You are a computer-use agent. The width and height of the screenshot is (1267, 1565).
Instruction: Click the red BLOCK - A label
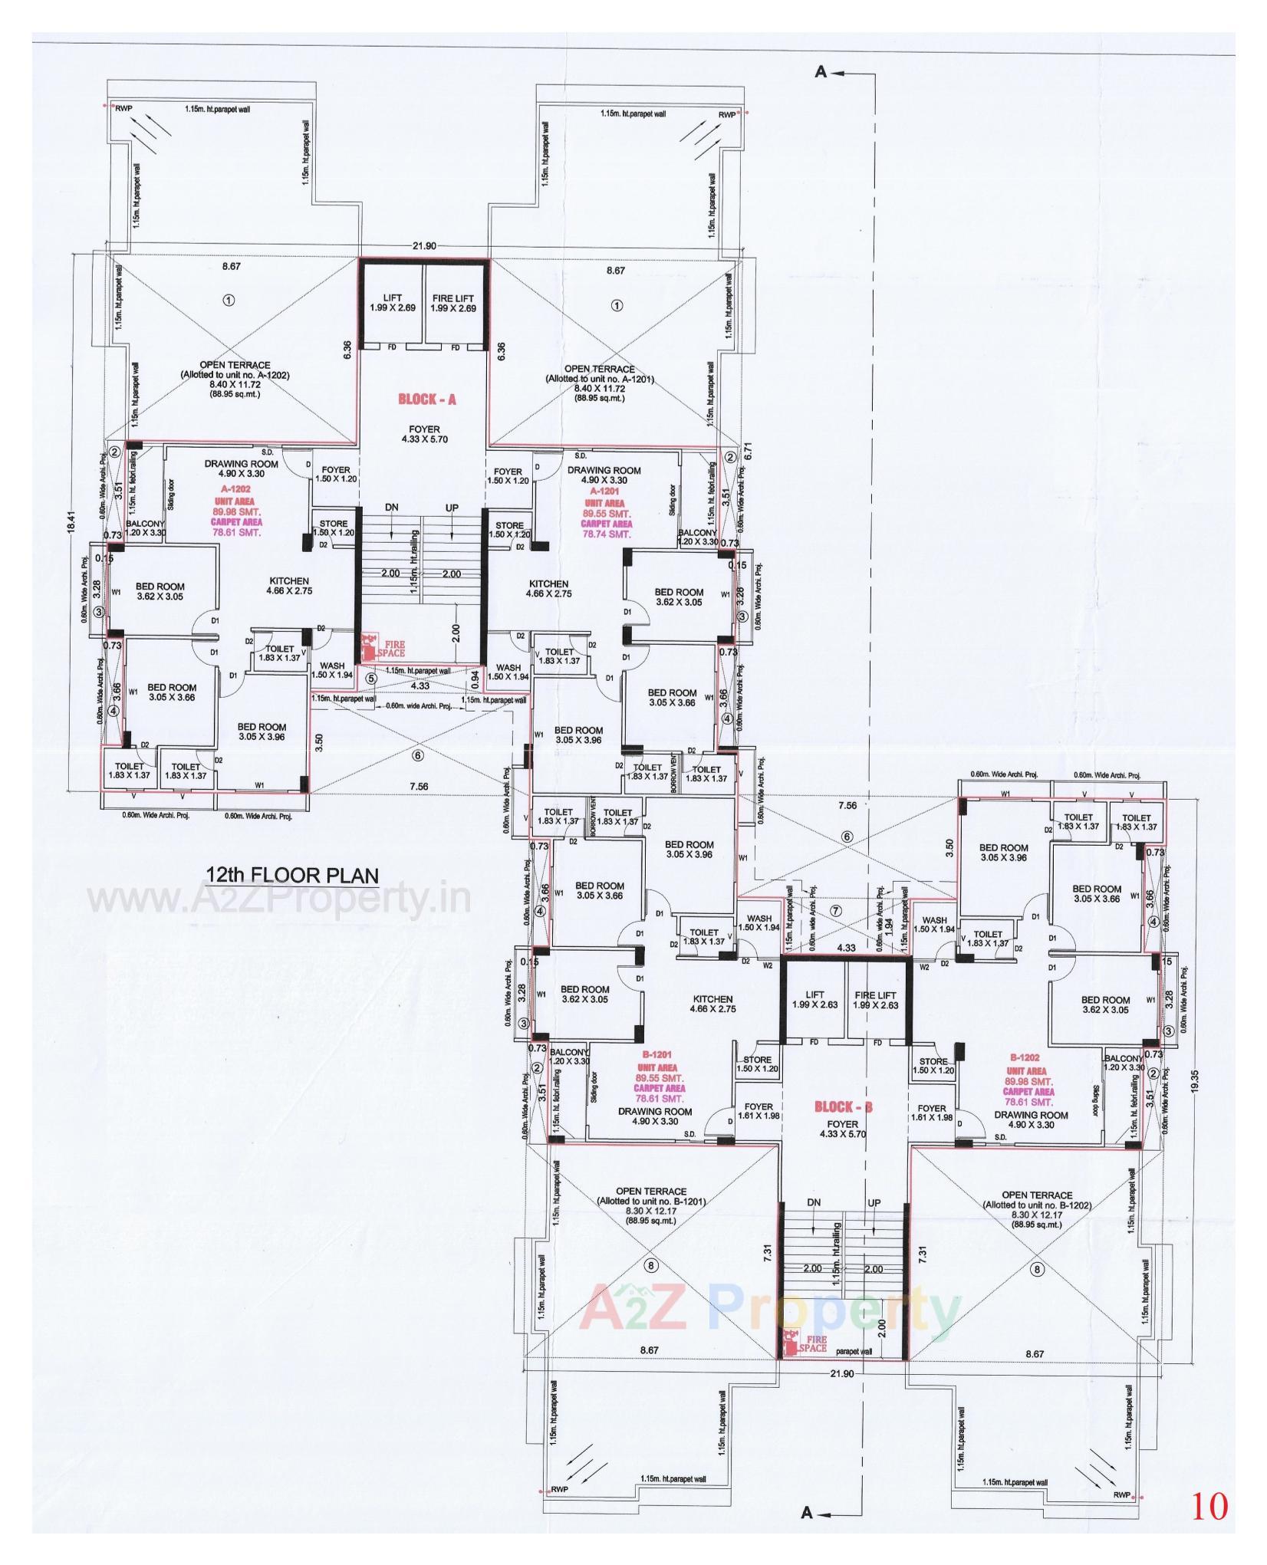click(x=427, y=399)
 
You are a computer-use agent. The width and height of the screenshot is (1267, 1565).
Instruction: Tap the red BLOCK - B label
click(x=844, y=1107)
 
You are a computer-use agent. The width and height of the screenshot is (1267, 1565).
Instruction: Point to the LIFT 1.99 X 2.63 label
click(x=814, y=999)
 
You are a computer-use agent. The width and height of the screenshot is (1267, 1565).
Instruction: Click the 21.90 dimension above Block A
click(x=424, y=246)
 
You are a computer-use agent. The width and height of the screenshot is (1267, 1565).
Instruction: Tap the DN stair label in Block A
click(x=391, y=508)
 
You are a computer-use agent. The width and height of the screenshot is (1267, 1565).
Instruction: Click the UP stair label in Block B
click(x=874, y=1203)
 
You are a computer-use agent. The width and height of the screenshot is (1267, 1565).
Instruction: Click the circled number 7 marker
click(x=836, y=910)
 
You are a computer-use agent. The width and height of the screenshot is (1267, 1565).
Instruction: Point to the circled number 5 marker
click(x=371, y=678)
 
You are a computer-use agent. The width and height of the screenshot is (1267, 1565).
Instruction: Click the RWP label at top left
click(x=124, y=109)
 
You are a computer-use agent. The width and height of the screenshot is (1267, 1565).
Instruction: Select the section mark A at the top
click(x=821, y=72)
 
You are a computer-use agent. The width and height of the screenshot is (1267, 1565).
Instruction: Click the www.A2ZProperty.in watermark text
click(x=279, y=900)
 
